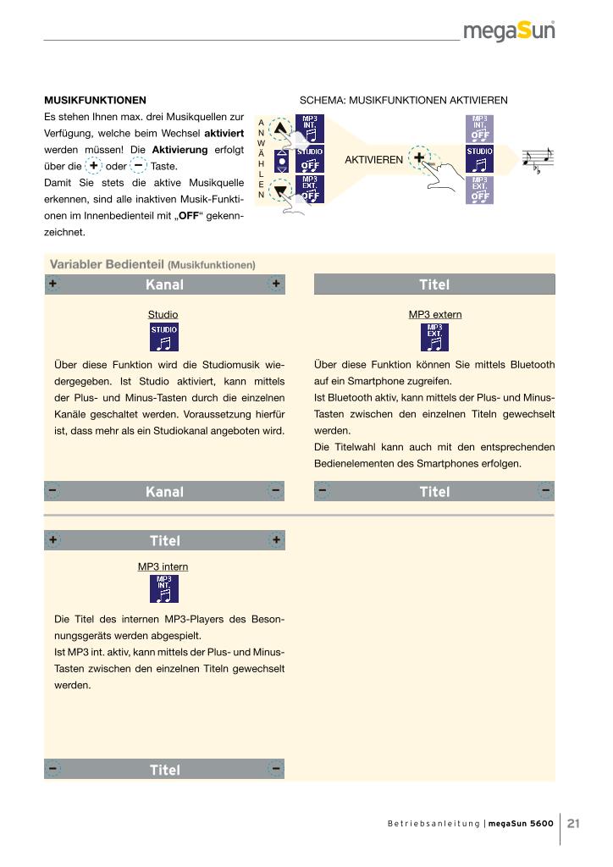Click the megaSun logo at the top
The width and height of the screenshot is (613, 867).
[509, 31]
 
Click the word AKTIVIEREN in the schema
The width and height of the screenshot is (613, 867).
[374, 159]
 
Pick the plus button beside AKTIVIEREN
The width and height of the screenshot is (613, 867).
[419, 157]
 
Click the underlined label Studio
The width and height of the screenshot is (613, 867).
[163, 314]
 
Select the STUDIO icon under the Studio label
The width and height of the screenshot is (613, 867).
[164, 337]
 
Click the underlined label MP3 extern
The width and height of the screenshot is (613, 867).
[435, 314]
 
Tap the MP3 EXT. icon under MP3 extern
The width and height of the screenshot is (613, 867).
[435, 337]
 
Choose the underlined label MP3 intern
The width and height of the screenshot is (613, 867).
[163, 566]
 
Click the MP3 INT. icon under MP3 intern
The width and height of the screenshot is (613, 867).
[164, 589]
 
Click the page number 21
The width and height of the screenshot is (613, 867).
[573, 822]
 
